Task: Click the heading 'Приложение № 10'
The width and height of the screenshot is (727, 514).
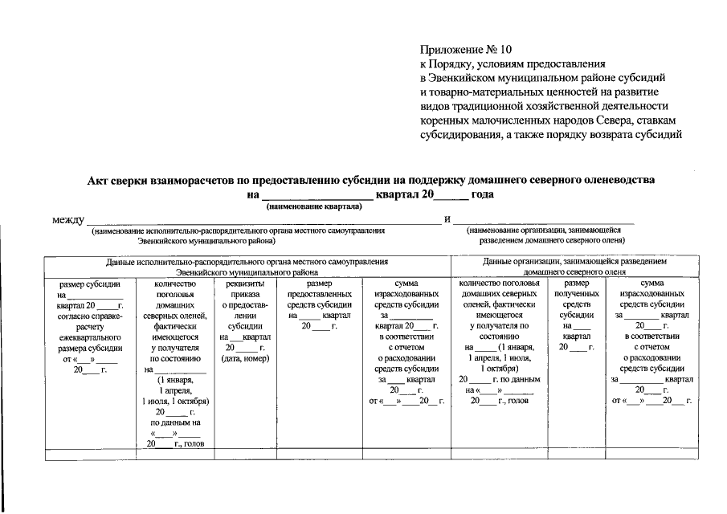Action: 465,48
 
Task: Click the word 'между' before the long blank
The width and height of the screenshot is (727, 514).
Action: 68,219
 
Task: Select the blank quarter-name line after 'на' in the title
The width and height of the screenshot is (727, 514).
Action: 317,195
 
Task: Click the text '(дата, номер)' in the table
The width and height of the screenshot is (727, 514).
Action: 244,358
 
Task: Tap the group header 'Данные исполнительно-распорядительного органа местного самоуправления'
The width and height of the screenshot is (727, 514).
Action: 247,262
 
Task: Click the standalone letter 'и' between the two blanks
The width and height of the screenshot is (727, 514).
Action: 447,219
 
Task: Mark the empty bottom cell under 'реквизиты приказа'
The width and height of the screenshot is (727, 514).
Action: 244,455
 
